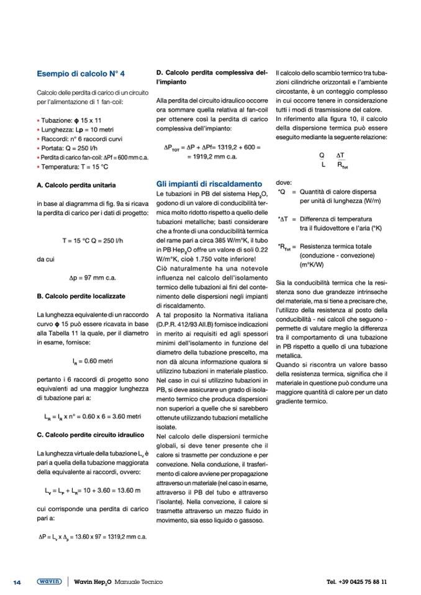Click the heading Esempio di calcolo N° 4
81,74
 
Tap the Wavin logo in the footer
49,582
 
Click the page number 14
17,582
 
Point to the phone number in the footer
356,582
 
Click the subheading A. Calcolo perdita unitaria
76,185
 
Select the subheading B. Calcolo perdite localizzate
81,296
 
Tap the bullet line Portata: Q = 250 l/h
71,148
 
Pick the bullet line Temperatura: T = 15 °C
75,167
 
